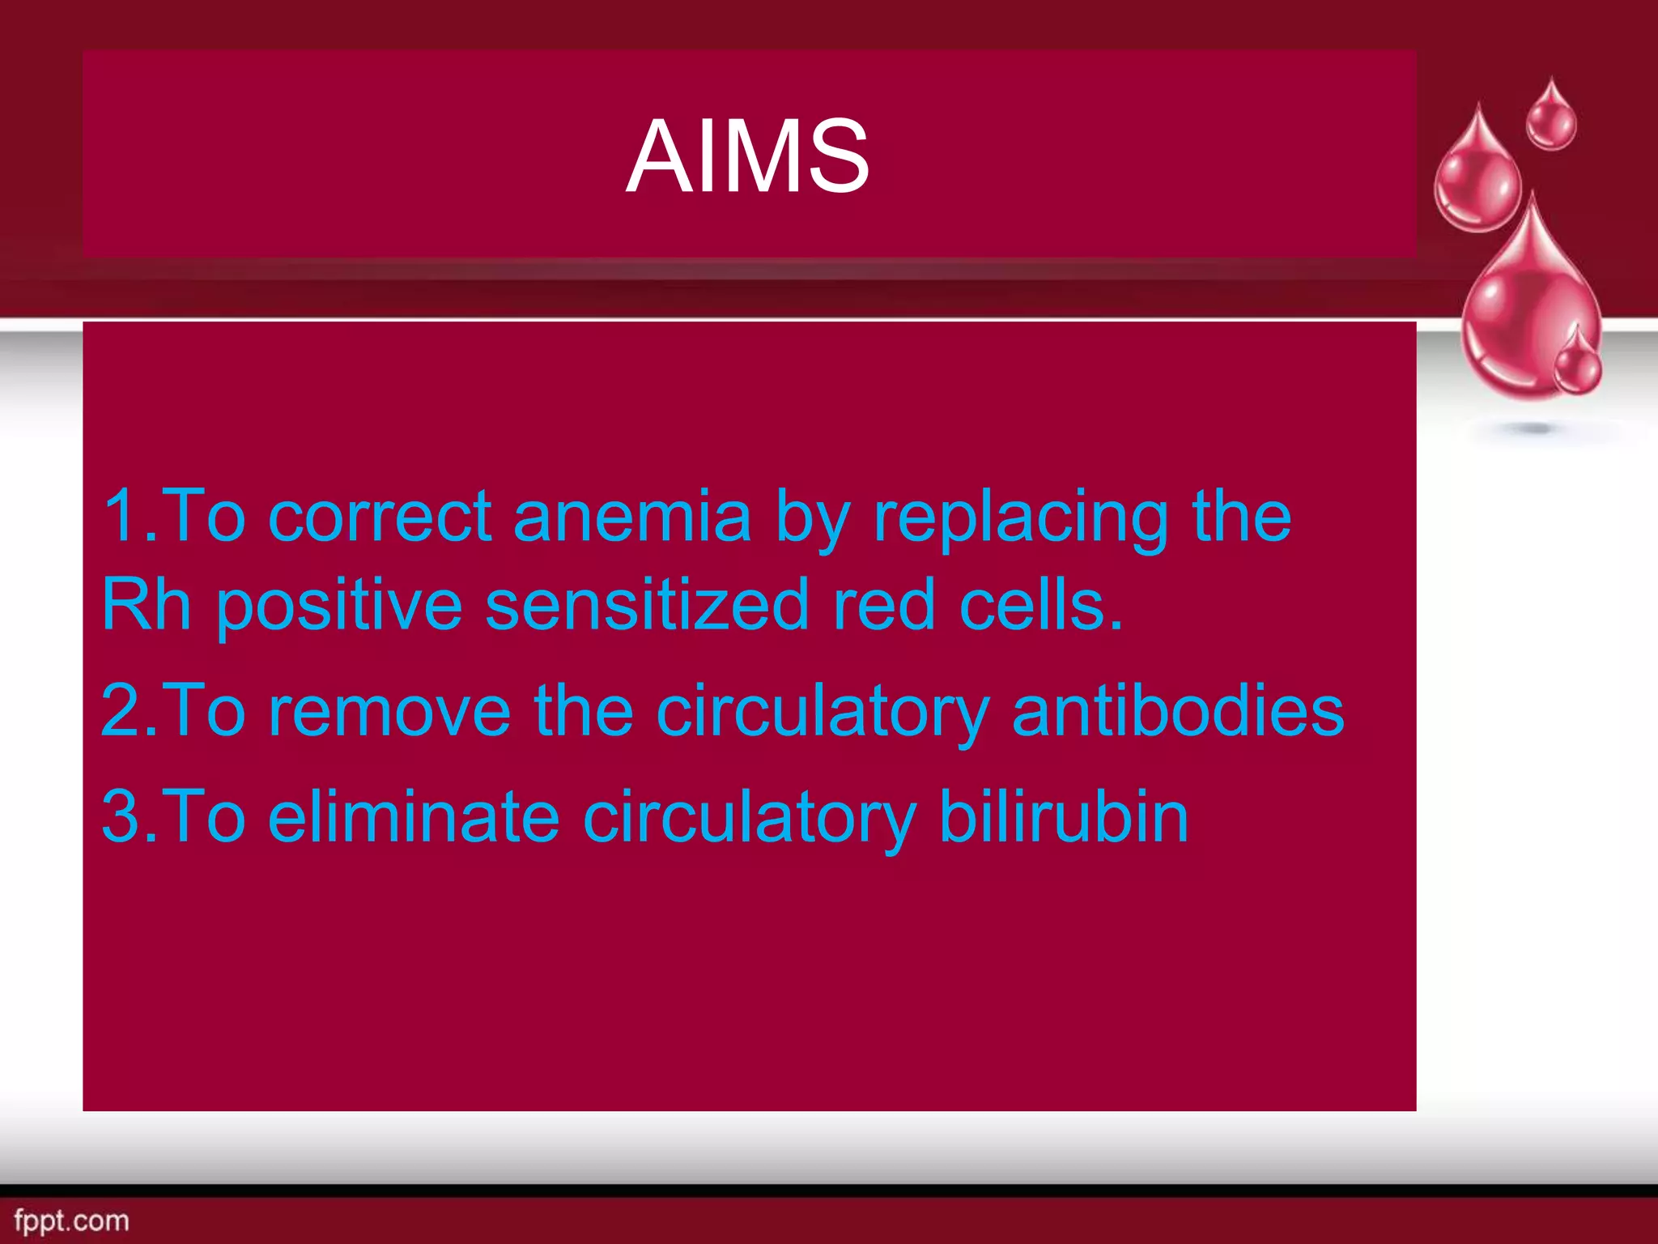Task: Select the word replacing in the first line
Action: [x=1020, y=518]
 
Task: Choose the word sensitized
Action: [x=647, y=606]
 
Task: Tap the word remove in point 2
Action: [x=389, y=710]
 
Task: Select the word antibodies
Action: [x=1178, y=710]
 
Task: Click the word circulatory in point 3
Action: [x=749, y=818]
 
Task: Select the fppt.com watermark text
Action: [x=71, y=1221]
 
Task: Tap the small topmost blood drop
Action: [x=1550, y=117]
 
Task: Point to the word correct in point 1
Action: [x=379, y=518]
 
